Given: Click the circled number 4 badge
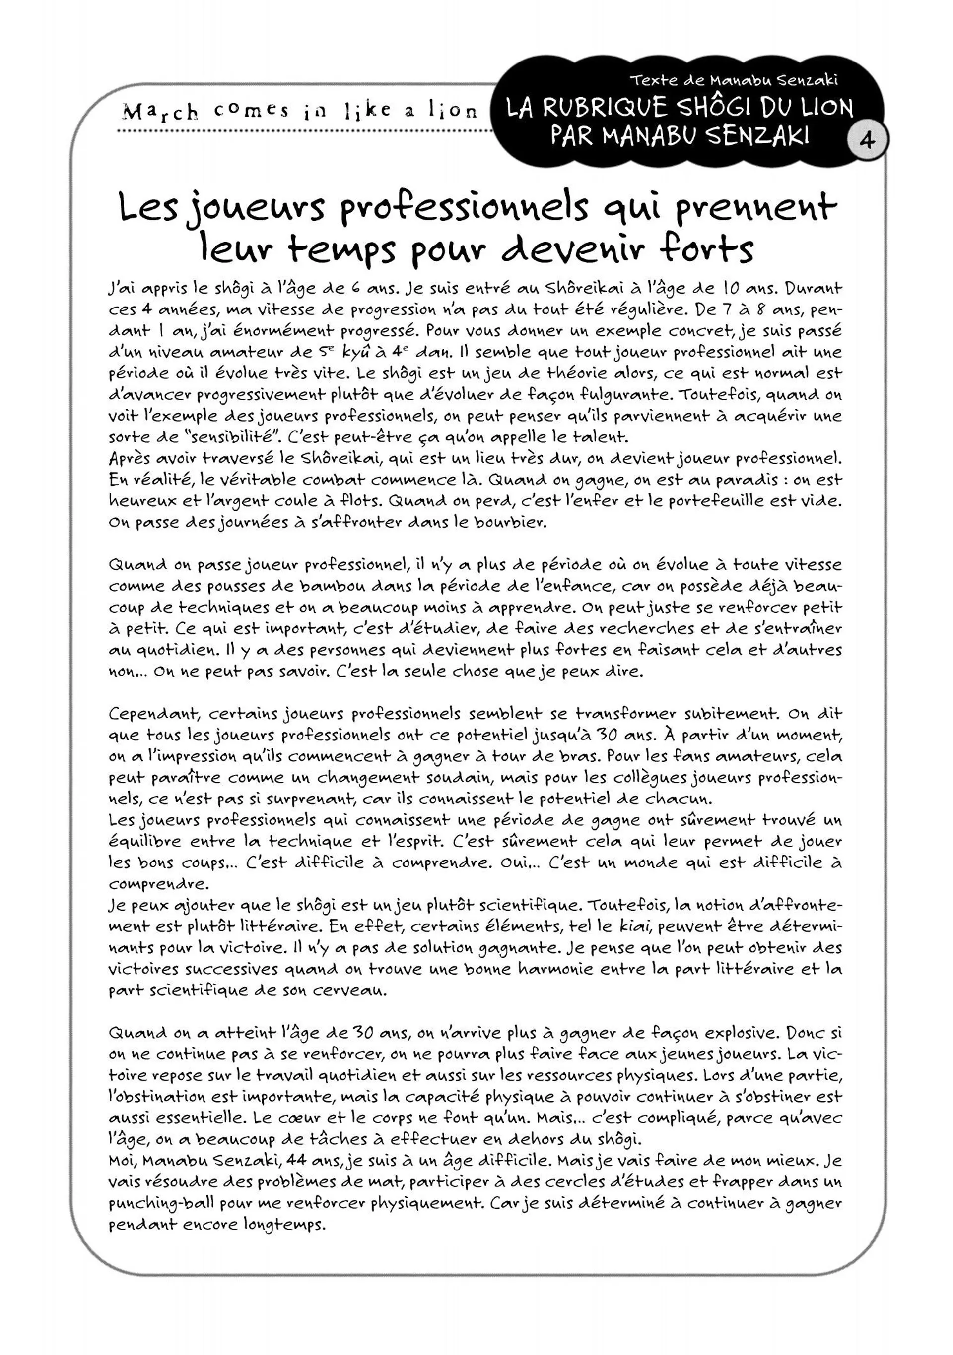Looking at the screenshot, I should point(866,140).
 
